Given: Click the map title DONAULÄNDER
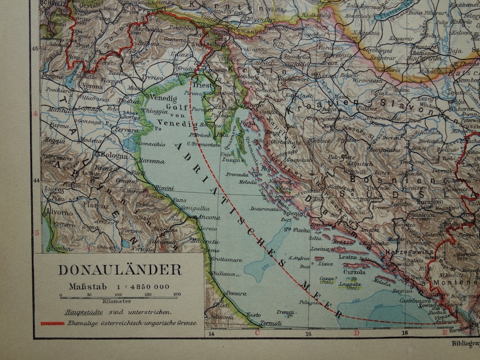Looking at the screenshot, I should tap(120, 270).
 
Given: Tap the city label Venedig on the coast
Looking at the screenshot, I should tap(162, 97).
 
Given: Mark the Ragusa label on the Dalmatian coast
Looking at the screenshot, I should tap(402, 290).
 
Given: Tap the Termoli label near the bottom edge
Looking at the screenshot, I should tap(271, 324).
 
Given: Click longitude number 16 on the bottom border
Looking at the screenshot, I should tap(308, 333).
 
